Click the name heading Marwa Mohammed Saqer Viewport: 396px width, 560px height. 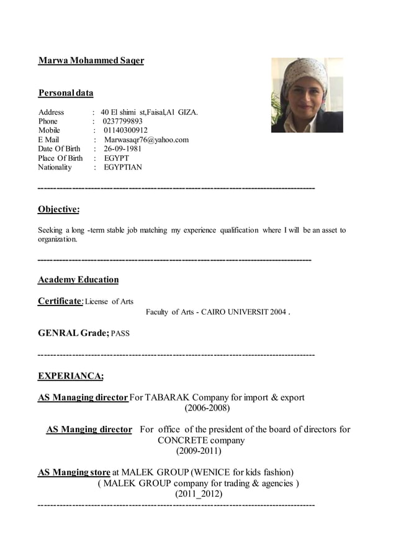91,61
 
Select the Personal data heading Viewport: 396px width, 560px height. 66,93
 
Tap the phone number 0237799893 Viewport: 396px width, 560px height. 122,121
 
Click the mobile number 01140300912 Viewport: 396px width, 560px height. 125,130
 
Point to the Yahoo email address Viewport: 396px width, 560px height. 146,140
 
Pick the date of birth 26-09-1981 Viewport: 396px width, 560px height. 122,149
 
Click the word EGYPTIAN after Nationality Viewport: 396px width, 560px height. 123,167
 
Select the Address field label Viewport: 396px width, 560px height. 51,112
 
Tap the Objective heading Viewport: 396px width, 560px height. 58,209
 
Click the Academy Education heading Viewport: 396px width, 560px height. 78,279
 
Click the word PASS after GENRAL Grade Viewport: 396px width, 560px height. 120,334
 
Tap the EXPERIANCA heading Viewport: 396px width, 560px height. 71,376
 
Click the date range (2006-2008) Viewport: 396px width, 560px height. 207,408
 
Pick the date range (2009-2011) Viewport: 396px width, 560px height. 199,451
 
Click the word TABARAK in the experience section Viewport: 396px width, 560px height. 167,397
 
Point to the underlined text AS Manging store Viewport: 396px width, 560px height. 74,472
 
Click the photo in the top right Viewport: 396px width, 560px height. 307,95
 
